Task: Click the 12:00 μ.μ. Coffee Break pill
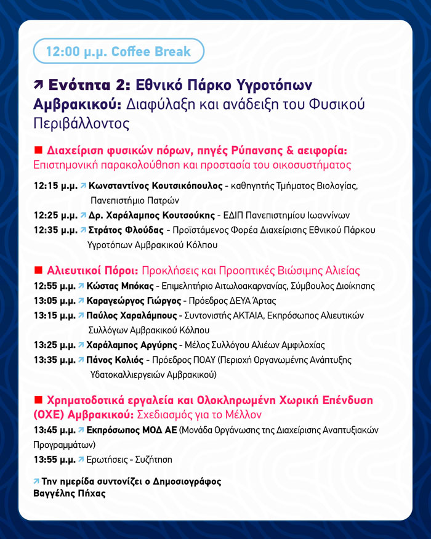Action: pyautogui.click(x=118, y=52)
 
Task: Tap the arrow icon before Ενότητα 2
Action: pyautogui.click(x=39, y=86)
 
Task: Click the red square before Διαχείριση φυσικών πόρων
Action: pyautogui.click(x=38, y=150)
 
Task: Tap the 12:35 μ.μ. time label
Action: pyautogui.click(x=55, y=230)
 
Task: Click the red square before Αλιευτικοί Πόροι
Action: pyautogui.click(x=38, y=270)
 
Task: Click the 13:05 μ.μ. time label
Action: pyautogui.click(x=55, y=301)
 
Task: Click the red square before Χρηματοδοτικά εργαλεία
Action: pyautogui.click(x=38, y=400)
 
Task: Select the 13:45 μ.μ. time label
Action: pyautogui.click(x=55, y=429)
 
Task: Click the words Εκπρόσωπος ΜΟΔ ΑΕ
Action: pyautogui.click(x=132, y=429)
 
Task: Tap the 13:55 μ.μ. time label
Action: pyautogui.click(x=55, y=459)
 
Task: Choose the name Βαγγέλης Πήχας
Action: pyautogui.click(x=68, y=493)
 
